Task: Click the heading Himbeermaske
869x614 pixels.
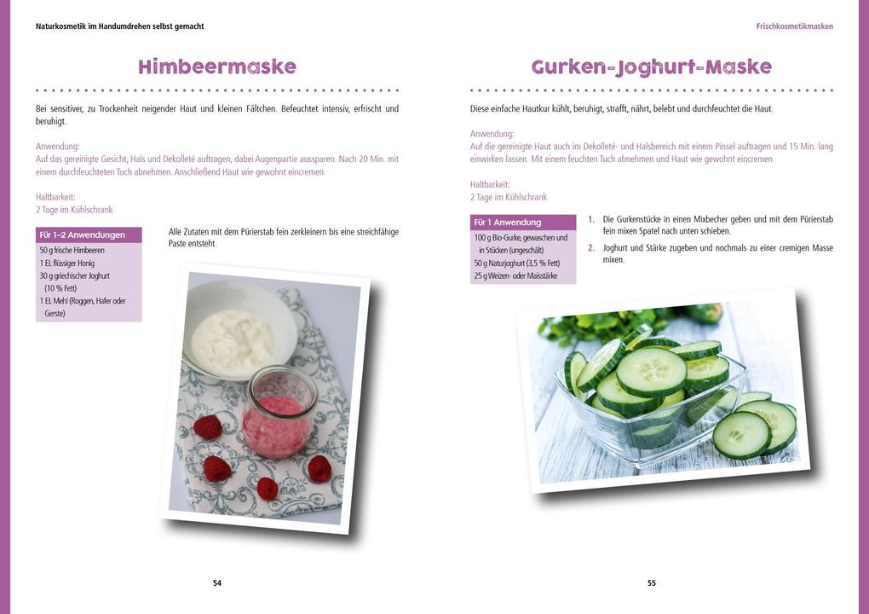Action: pyautogui.click(x=217, y=67)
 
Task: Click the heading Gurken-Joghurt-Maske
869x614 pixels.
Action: pyautogui.click(x=652, y=67)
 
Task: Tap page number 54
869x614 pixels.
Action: pyautogui.click(x=217, y=583)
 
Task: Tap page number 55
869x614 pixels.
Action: pyautogui.click(x=652, y=583)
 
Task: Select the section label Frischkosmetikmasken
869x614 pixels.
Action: pyautogui.click(x=794, y=26)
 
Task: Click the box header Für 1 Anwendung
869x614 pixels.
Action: pyautogui.click(x=508, y=223)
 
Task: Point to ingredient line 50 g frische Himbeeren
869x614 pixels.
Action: pyautogui.click(x=72, y=251)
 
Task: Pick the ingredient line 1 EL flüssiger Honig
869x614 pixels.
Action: pyautogui.click(x=67, y=264)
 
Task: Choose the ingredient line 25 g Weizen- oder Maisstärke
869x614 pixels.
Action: pyautogui.click(x=515, y=276)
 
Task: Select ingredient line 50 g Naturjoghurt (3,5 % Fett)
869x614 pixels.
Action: pyautogui.click(x=517, y=264)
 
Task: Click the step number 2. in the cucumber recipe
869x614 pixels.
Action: pyautogui.click(x=590, y=248)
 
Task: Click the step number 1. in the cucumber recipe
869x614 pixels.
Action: pyautogui.click(x=590, y=219)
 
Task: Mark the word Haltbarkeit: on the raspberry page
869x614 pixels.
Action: pyautogui.click(x=55, y=197)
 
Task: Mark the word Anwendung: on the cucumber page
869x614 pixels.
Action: pyautogui.click(x=492, y=134)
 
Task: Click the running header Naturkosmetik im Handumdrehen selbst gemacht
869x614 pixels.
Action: pyautogui.click(x=120, y=26)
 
